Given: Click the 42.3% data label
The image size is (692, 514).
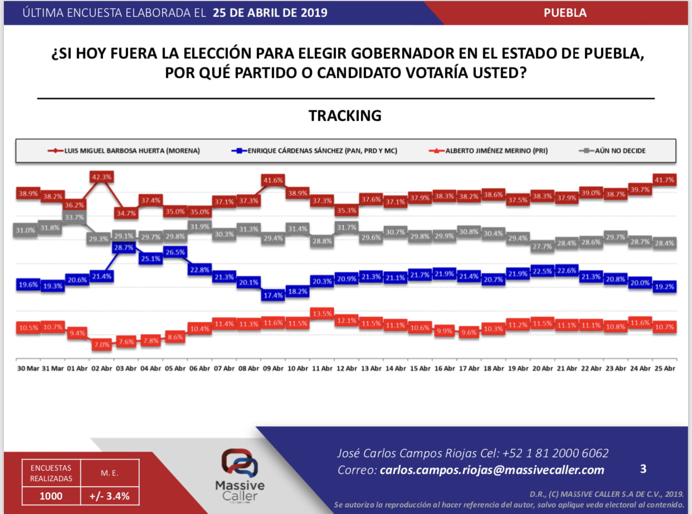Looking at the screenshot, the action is pos(101,177).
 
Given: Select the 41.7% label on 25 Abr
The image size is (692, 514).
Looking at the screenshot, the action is pos(664,180).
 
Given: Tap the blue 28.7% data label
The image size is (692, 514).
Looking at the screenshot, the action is pos(124,248).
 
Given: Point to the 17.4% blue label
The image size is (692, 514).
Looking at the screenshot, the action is pos(273,295).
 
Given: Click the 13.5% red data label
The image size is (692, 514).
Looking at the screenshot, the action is pos(322,314).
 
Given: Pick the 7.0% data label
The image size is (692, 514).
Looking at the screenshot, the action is pos(102,345).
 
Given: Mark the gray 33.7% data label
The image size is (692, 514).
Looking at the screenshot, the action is pos(74,217).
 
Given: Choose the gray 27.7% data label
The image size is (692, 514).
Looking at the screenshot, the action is pos(542,246).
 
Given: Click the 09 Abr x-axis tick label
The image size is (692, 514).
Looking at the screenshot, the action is pos(273,368).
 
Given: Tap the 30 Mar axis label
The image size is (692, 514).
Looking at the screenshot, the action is pos(28,368).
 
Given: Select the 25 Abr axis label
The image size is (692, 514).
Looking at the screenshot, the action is pos(665,368).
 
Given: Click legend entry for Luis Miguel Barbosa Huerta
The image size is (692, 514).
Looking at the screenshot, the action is pos(124,151).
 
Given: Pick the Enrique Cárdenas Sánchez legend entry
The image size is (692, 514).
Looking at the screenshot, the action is pos(314,151).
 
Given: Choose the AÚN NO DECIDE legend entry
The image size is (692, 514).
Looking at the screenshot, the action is pos(612,151).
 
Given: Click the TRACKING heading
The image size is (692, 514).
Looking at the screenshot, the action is pos(345,115).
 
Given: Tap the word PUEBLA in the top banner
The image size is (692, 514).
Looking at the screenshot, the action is pos(565,13).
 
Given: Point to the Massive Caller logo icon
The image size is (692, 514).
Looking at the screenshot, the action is pos(240,463).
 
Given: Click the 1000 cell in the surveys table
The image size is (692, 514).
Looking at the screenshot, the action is pos(51,496).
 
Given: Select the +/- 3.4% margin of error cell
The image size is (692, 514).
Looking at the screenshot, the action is pos(110,496).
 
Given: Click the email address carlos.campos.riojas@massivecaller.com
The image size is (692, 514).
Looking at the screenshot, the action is pos(492,470).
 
